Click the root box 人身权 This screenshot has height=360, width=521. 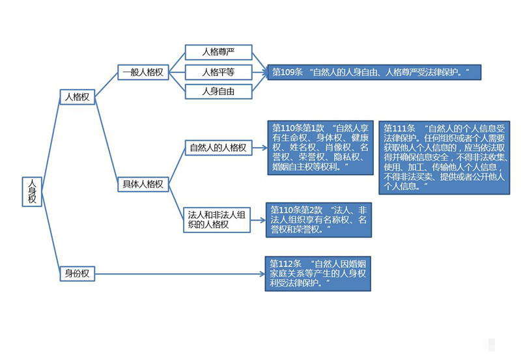32,191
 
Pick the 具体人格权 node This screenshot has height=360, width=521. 143,184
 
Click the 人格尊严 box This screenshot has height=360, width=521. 218,52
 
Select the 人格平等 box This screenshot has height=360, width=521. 218,72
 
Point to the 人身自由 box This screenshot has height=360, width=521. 218,91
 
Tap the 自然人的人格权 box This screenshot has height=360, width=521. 218,148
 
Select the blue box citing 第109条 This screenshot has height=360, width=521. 374,72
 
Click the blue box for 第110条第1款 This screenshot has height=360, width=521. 320,148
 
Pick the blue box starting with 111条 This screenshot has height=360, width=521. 445,157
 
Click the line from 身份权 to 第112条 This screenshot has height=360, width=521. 179,273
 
